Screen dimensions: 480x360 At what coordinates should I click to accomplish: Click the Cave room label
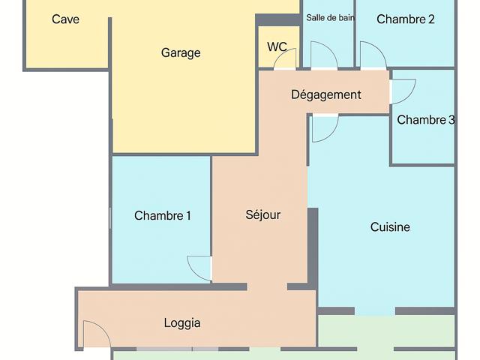65,19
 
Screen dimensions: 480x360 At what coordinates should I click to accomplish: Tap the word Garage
181,52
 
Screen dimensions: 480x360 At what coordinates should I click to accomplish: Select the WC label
277,46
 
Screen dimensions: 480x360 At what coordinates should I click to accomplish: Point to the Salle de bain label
330,18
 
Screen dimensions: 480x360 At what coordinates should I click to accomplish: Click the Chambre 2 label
406,19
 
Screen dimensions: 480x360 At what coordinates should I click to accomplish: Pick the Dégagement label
326,94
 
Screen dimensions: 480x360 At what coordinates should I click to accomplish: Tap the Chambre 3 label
426,120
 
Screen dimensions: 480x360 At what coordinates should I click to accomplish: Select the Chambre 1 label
163,215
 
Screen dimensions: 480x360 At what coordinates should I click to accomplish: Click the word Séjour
263,214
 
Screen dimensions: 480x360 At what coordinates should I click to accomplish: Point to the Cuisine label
390,226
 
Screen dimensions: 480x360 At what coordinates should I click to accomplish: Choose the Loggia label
182,323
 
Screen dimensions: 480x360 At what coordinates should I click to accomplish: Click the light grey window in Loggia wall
178,349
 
